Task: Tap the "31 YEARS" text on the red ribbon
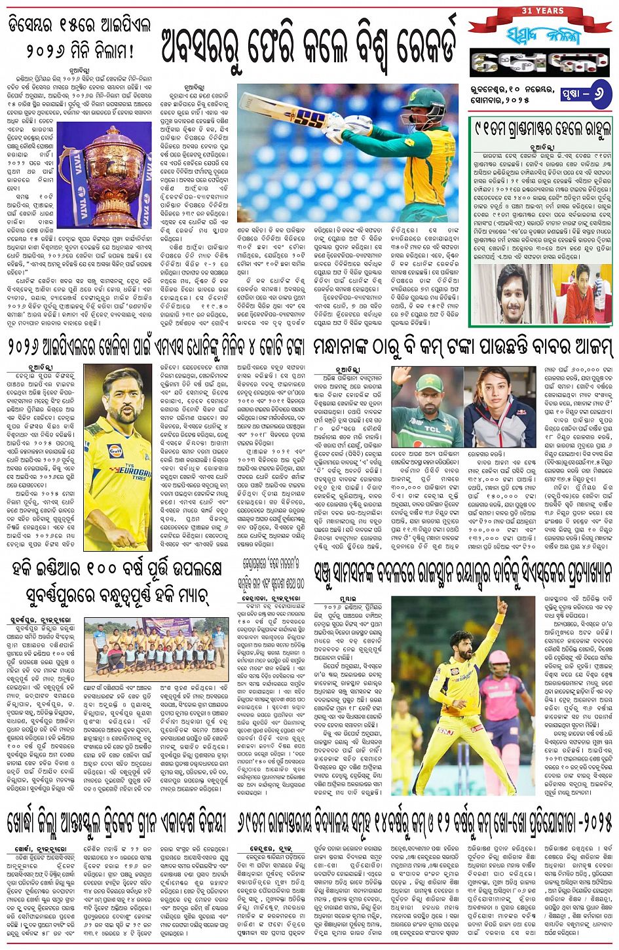pos(542,11)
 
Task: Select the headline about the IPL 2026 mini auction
pos(80,38)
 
